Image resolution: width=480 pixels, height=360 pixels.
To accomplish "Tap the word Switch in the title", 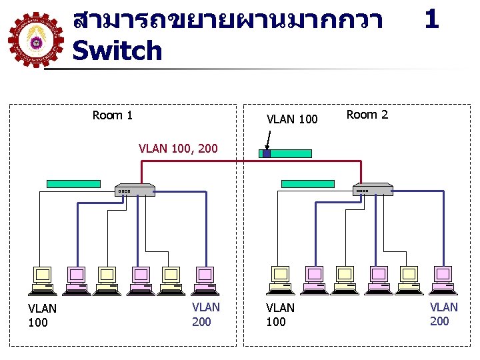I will [x=117, y=51].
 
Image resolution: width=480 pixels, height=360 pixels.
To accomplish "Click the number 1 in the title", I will [x=431, y=19].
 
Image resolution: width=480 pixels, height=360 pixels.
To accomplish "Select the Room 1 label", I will [x=113, y=115].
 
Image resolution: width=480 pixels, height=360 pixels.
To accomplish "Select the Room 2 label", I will [x=367, y=115].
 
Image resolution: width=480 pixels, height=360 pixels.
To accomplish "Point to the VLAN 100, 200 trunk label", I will [x=178, y=148].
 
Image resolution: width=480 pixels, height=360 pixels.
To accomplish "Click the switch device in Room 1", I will [x=135, y=190].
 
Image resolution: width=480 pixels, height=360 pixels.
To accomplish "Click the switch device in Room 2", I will [x=373, y=190].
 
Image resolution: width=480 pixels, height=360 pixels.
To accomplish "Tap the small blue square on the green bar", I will [x=266, y=153].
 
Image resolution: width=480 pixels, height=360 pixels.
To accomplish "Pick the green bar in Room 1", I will [x=73, y=183].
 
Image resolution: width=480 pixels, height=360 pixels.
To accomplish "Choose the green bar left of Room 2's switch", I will [x=308, y=183].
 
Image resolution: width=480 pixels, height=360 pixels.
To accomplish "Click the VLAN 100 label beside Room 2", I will [x=292, y=120].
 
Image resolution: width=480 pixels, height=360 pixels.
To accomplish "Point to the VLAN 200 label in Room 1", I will [x=205, y=315].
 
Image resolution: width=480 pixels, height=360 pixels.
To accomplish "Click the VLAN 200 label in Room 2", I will [x=443, y=314].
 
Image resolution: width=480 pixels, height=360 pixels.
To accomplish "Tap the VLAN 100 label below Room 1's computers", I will [x=42, y=315].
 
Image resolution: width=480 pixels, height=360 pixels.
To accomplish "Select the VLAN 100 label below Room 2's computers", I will [x=280, y=315].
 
